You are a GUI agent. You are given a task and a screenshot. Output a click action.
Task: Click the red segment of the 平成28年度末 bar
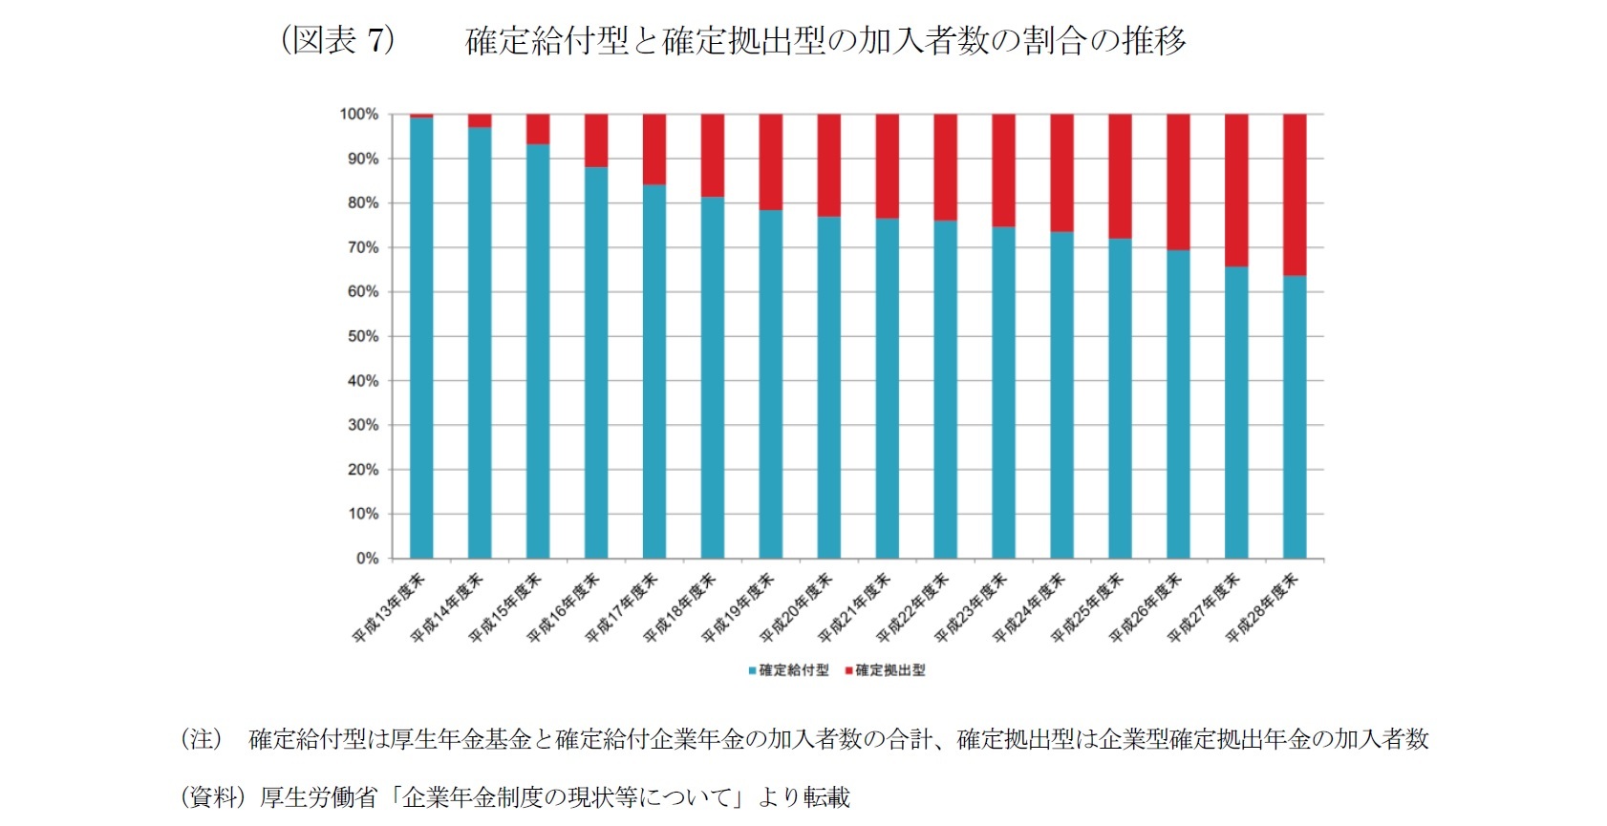tap(1294, 195)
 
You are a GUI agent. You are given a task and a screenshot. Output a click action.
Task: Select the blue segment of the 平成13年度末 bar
tap(421, 338)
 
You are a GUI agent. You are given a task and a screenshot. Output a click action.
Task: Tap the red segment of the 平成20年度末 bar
tap(828, 165)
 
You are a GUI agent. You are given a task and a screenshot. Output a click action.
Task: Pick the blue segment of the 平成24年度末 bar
tap(1061, 394)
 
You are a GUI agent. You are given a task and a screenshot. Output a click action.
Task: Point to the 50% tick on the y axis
tap(363, 336)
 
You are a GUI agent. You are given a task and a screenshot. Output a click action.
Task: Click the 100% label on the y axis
tap(359, 115)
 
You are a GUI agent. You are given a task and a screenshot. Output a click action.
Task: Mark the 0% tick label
tap(367, 559)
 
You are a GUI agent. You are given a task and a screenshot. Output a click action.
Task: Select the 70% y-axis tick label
tap(363, 247)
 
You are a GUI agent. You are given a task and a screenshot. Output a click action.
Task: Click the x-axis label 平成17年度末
tap(622, 607)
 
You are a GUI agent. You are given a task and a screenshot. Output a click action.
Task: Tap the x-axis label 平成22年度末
tap(912, 607)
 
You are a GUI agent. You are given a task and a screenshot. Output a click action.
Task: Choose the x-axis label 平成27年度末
tap(1204, 607)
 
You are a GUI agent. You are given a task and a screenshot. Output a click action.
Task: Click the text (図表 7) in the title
tap(337, 40)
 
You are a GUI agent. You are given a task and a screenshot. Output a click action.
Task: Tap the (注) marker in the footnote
tap(202, 739)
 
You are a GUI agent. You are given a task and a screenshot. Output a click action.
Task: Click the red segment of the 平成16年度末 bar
tap(596, 140)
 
